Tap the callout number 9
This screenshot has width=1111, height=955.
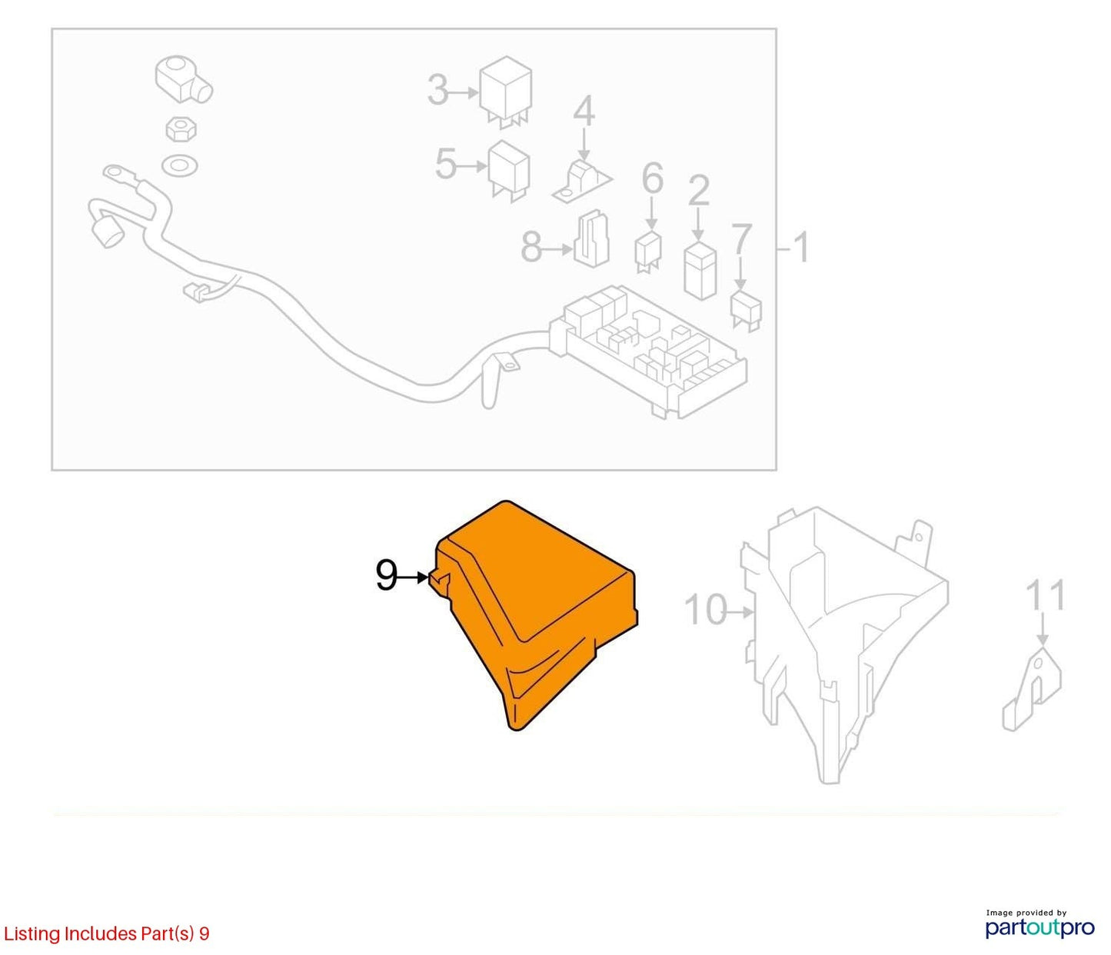coord(387,576)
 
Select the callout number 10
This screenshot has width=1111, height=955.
coord(706,610)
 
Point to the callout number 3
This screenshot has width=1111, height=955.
coord(438,90)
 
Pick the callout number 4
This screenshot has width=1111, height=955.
coord(584,111)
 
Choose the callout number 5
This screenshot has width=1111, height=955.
coord(446,164)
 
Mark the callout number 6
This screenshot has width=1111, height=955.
coord(653,178)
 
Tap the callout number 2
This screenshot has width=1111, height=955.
coord(699,190)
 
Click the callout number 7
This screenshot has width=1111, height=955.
coord(741,239)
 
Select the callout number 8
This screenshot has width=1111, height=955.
coord(531,248)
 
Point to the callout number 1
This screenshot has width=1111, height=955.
coord(801,248)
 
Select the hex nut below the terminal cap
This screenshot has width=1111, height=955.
coord(181,129)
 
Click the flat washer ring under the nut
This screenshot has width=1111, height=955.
coord(180,165)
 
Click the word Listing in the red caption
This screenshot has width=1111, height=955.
coord(32,934)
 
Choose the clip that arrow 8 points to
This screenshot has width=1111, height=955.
coord(591,238)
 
